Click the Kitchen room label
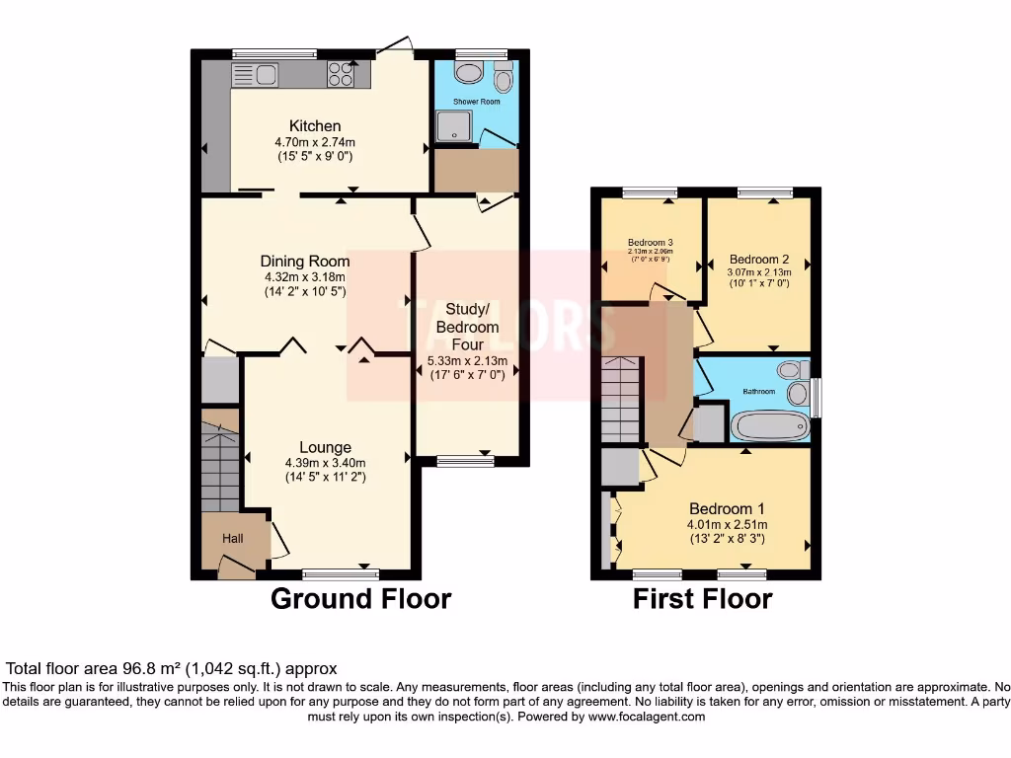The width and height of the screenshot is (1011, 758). (x=315, y=126)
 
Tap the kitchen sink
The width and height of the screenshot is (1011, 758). (x=255, y=75)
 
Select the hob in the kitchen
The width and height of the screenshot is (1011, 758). (x=342, y=75)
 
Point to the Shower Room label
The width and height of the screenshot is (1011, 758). (x=477, y=102)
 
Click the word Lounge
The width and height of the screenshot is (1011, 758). (x=325, y=448)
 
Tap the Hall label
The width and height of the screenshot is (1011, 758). (x=233, y=539)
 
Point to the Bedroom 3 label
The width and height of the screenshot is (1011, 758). (x=651, y=243)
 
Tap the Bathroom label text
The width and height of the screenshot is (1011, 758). (x=759, y=392)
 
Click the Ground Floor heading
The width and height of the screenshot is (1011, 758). (x=360, y=599)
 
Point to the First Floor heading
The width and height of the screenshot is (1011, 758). (x=702, y=599)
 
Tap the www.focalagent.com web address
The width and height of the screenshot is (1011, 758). (x=647, y=717)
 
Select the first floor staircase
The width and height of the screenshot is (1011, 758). (x=621, y=400)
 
